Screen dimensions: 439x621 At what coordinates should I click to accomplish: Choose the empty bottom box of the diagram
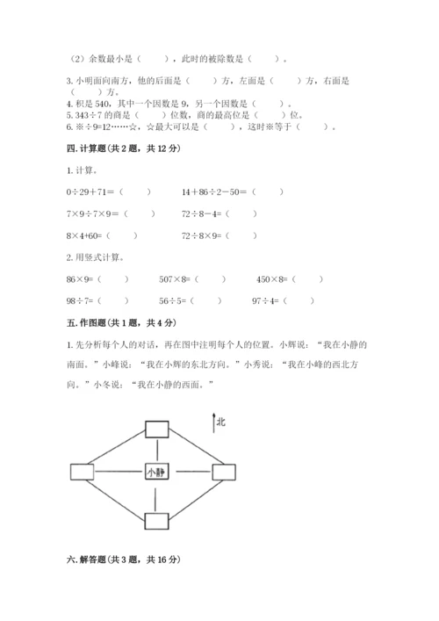click(x=157, y=521)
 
